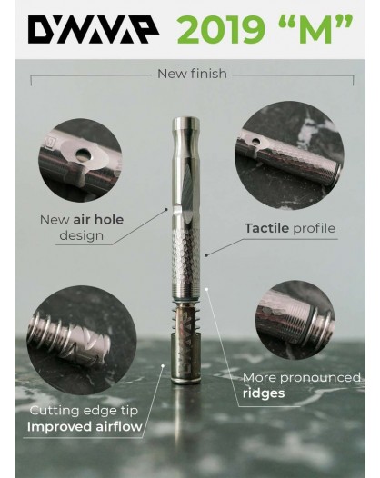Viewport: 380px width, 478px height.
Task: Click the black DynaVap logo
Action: (x=94, y=29)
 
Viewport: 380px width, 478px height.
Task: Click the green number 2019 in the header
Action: (x=220, y=29)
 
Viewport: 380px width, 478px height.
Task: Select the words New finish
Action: (x=192, y=74)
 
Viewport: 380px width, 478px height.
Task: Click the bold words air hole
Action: (x=98, y=220)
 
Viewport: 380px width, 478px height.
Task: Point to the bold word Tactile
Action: (x=266, y=228)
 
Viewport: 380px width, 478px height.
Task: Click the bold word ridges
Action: (x=264, y=393)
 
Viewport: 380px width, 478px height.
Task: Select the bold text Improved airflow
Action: (x=85, y=426)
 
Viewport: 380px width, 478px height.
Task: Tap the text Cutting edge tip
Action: (x=84, y=411)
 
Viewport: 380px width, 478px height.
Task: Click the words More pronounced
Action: (x=302, y=378)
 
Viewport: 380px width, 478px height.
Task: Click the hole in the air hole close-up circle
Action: (x=83, y=154)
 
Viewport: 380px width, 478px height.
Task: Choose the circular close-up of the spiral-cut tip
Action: (x=81, y=340)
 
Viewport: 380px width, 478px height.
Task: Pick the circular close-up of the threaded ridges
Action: (x=295, y=320)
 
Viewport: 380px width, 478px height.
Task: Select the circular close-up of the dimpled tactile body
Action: (x=289, y=155)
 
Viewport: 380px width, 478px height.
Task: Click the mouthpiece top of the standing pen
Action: (x=185, y=123)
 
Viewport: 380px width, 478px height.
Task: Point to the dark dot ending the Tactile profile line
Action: (x=206, y=254)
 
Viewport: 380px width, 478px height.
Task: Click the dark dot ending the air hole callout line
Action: (x=166, y=209)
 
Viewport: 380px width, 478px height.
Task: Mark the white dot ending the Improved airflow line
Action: (x=163, y=365)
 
